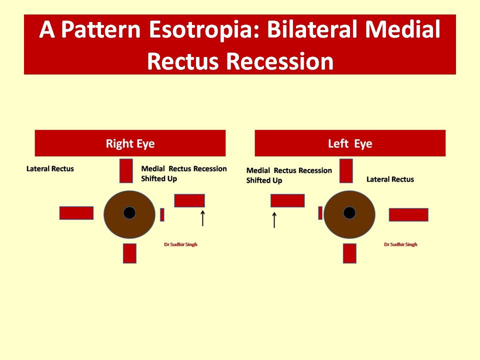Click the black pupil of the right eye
point(129,213)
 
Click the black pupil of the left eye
point(349,213)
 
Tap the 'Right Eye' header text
point(130,143)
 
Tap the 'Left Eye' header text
point(350,143)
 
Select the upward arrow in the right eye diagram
point(202,218)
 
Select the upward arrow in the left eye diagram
point(274,220)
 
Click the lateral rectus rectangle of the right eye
point(76,213)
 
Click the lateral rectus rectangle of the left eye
point(408,214)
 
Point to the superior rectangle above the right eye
point(126,171)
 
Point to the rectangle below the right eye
point(130,253)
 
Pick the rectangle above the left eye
point(346,171)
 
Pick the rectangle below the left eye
point(349,253)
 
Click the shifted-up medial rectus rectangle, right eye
point(189,200)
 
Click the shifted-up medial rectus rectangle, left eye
point(287,200)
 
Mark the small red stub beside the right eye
point(162,214)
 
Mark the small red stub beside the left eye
point(320,213)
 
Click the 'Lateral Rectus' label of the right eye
point(50,168)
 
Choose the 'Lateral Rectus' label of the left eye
point(390,179)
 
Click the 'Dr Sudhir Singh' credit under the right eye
point(180,244)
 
